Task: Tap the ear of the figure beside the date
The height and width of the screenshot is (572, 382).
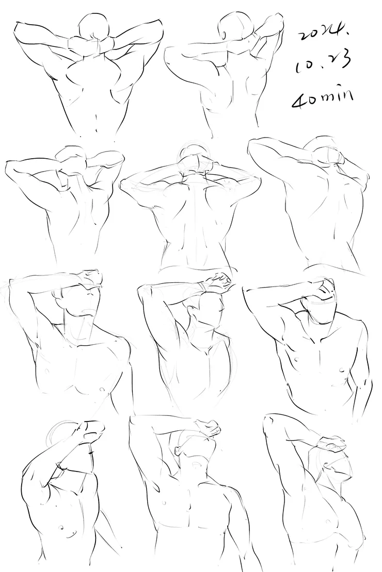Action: pos(224,35)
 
